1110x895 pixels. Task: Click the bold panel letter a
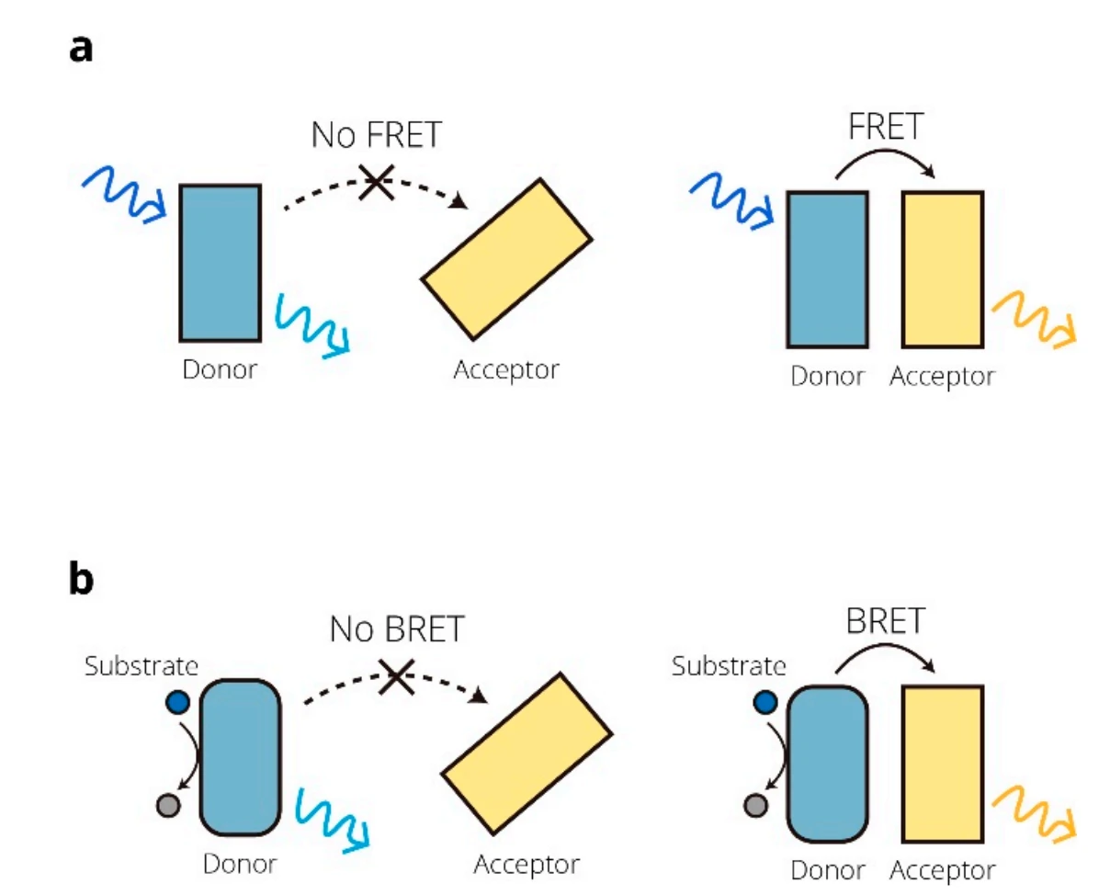point(81,49)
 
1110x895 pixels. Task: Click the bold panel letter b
point(82,582)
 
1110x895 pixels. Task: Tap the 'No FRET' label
point(375,135)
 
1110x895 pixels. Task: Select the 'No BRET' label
point(397,629)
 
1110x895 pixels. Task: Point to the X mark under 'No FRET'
point(375,182)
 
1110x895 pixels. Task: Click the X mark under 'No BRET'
point(397,677)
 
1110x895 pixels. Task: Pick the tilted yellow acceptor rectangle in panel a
point(505,259)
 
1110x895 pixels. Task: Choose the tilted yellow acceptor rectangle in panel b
point(527,753)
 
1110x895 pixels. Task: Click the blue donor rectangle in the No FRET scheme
point(220,263)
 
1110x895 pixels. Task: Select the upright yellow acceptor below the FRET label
point(943,269)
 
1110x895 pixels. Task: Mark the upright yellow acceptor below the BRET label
point(943,763)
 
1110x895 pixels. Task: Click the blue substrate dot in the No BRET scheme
point(178,703)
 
